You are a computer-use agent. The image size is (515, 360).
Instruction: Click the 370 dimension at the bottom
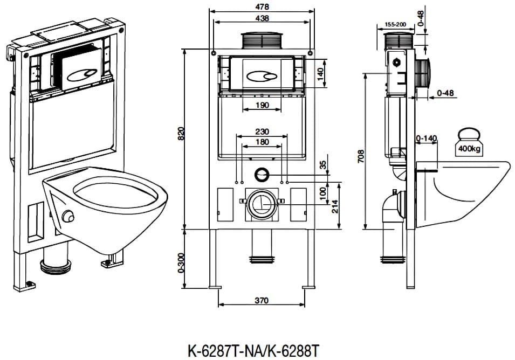pyautogui.click(x=262, y=301)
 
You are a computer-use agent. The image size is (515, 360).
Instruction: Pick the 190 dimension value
pyautogui.click(x=262, y=105)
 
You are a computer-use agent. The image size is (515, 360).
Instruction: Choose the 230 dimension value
pyautogui.click(x=262, y=131)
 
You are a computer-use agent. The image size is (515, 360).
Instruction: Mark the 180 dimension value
pyautogui.click(x=262, y=142)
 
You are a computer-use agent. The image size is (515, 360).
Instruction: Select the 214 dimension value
pyautogui.click(x=334, y=207)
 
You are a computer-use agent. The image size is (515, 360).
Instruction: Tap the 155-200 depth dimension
pyautogui.click(x=395, y=25)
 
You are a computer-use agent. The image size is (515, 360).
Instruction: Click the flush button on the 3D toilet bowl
pyautogui.click(x=68, y=216)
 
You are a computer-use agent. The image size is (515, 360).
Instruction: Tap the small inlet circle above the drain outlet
pyautogui.click(x=263, y=174)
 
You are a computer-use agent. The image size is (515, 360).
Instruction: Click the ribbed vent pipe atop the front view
pyautogui.click(x=262, y=41)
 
